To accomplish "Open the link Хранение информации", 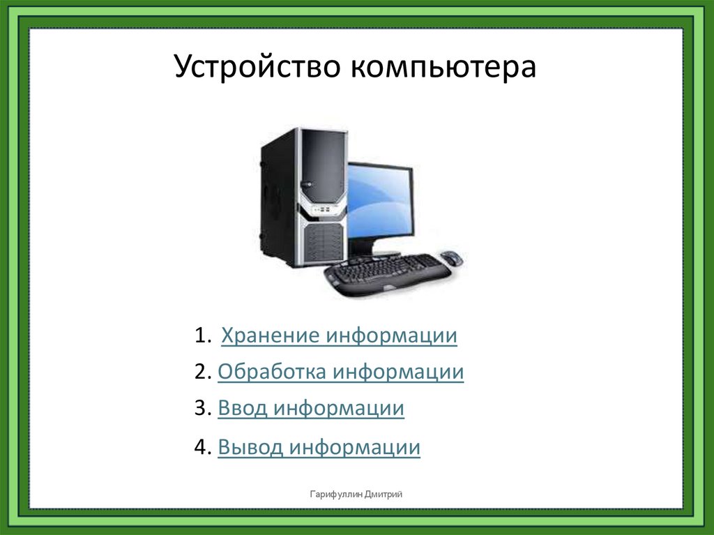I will coord(339,336).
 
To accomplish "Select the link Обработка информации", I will coord(340,372).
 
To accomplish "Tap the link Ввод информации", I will coord(311,408).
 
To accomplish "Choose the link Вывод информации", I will coord(319,446).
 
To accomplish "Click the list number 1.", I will coord(200,336).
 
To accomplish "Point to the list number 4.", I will coord(200,446).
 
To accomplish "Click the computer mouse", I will coord(451,257).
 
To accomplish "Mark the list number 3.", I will coord(200,408).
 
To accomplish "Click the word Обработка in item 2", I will coord(271,372).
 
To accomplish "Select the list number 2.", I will coord(200,372).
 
